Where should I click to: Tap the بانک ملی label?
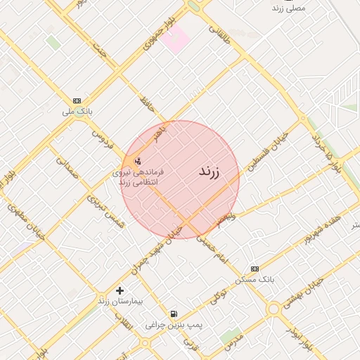tap(77, 112)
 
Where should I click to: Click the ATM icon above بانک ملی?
tap(77, 101)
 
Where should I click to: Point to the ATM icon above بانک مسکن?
tap(255, 269)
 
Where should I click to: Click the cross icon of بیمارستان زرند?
tap(120, 290)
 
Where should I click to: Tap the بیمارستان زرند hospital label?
tap(120, 302)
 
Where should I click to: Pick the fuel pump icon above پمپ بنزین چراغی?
tap(174, 314)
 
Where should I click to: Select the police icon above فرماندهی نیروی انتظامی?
tap(137, 160)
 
